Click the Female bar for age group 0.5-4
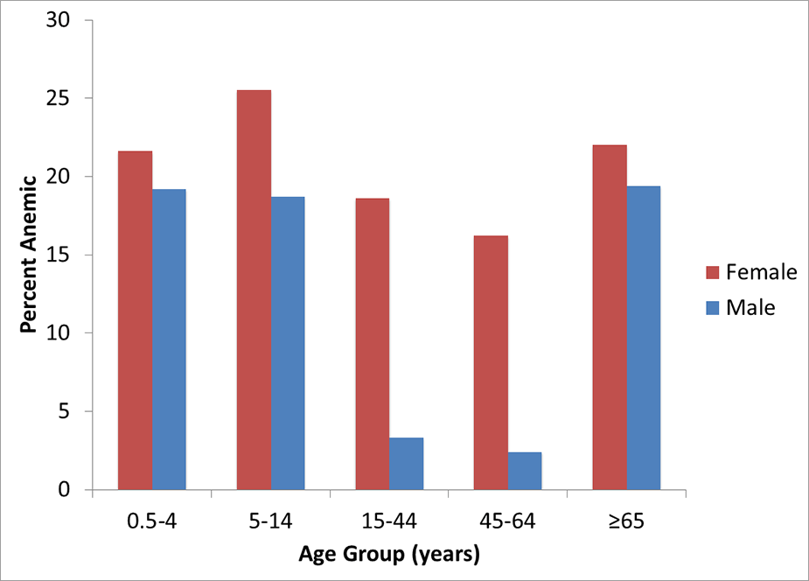pyautogui.click(x=135, y=320)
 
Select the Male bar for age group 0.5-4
pyautogui.click(x=169, y=339)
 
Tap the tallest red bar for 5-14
pyautogui.click(x=254, y=290)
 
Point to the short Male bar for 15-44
pyautogui.click(x=406, y=464)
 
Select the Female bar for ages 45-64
pyautogui.click(x=491, y=362)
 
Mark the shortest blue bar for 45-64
pyautogui.click(x=525, y=471)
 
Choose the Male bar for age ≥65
pyautogui.click(x=644, y=338)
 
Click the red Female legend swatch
pyautogui.click(x=711, y=272)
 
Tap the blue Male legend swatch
pyautogui.click(x=711, y=308)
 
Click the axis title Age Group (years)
pyautogui.click(x=389, y=555)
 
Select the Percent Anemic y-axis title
pyautogui.click(x=29, y=255)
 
